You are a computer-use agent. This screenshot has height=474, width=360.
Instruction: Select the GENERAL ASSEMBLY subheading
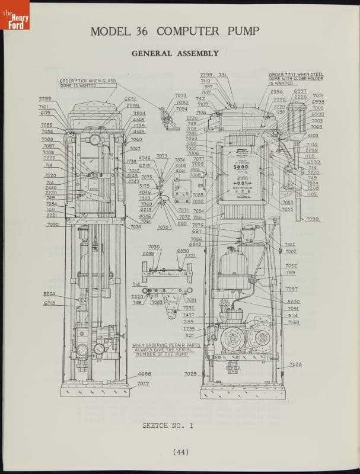[x=175, y=53]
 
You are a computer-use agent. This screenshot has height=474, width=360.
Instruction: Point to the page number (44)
[x=181, y=452]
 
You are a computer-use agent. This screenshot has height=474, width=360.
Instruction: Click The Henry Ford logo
[x=15, y=15]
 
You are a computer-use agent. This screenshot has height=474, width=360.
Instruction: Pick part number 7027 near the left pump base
[x=143, y=383]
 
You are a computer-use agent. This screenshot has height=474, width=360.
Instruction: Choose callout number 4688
[x=144, y=374]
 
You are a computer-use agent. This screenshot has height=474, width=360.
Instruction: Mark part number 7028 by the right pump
[x=295, y=364]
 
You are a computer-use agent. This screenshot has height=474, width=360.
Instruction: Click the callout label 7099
[x=313, y=219]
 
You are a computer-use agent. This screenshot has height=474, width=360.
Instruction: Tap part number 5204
[x=49, y=293]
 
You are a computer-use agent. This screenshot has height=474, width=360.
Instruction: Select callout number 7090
[x=52, y=225]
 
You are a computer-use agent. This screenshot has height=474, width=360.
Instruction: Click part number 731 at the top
[x=222, y=75]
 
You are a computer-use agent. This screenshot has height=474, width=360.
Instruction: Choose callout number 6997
[x=300, y=91]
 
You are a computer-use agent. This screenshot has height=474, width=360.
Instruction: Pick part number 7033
[x=181, y=95]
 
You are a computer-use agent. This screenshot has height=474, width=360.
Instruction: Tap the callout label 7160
[x=294, y=323]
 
